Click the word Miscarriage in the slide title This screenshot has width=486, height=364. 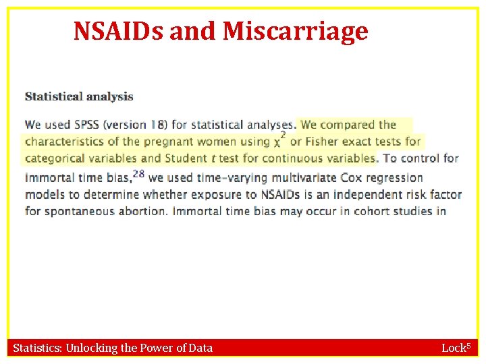point(295,30)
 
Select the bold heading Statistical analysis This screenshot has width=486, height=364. point(79,96)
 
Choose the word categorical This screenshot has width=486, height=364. point(58,159)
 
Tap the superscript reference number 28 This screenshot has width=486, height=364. point(138,174)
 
